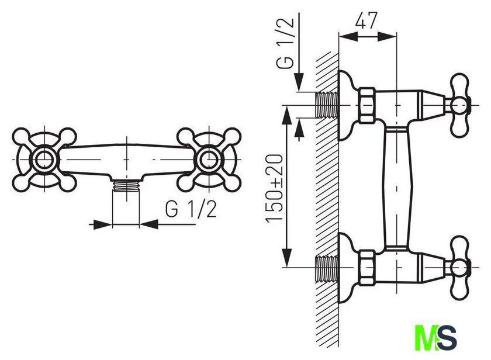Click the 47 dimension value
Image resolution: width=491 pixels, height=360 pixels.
point(366,20)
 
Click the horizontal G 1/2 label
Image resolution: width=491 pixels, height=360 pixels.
point(191,209)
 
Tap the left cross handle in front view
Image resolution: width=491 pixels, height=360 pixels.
point(44,160)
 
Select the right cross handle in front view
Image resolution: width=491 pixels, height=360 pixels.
point(209,160)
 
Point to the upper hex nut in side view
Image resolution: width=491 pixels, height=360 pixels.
point(367,105)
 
